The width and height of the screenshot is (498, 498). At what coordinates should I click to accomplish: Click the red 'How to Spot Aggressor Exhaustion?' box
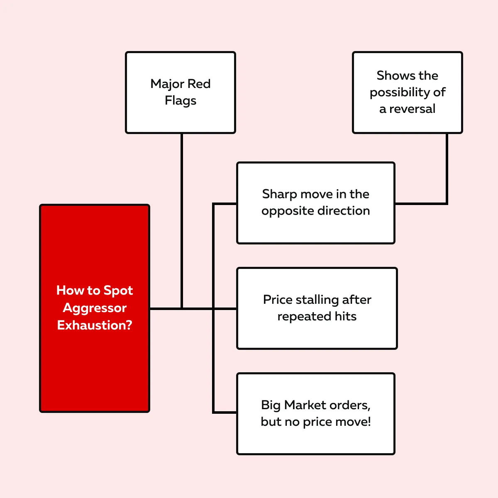tap(95, 308)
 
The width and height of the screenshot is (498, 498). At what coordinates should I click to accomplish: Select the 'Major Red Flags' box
tap(181, 93)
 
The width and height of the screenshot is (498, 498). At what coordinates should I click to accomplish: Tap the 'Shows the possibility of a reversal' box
tap(407, 93)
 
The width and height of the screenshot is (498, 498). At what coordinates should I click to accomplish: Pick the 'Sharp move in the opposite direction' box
tap(315, 203)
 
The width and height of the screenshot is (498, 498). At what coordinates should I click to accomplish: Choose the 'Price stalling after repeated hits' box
tap(317, 308)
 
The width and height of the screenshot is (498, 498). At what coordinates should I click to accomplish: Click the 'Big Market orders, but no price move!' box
tap(315, 414)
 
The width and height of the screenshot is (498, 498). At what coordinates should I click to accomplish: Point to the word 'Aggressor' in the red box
tap(95, 308)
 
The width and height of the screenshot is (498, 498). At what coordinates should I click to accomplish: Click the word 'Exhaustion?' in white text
tap(95, 325)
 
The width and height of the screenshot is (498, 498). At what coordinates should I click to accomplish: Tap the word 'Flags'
tap(181, 101)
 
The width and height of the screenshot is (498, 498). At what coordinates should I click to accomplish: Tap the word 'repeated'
tap(304, 317)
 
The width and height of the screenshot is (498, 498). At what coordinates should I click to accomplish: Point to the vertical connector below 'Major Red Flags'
tap(182, 221)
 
